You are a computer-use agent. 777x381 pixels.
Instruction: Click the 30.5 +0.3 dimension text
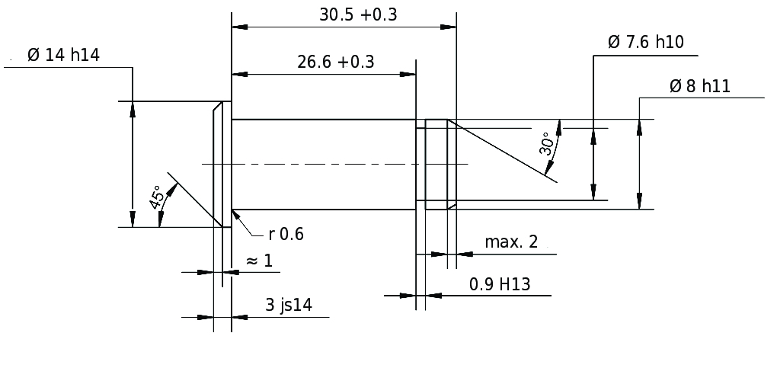tap(358, 15)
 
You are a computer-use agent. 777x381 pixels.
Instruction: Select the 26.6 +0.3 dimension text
tap(335, 62)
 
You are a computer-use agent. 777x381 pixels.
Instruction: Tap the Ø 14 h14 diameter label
tap(63, 55)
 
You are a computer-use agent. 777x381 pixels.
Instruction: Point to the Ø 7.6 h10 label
tap(646, 43)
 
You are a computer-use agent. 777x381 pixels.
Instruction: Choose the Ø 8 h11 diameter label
tap(700, 86)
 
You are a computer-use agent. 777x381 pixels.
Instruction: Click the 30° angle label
tap(545, 144)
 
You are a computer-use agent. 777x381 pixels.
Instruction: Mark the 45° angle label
tap(156, 197)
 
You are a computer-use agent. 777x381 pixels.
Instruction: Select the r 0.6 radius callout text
tap(286, 234)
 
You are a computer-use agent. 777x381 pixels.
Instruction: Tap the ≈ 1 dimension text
tap(259, 261)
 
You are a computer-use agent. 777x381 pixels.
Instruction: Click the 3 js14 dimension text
tap(289, 305)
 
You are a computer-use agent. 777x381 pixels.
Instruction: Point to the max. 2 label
tap(511, 242)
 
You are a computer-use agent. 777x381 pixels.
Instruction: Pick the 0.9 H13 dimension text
tap(500, 284)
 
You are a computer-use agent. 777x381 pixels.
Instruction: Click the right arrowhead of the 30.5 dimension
tap(449, 27)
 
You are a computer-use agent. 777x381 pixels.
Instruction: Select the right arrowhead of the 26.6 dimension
tap(408, 75)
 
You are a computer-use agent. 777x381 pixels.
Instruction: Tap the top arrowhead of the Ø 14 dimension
tap(133, 109)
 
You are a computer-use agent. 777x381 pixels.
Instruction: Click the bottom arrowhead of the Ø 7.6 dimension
tap(593, 192)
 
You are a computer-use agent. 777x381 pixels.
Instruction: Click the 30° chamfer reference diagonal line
tap(502, 151)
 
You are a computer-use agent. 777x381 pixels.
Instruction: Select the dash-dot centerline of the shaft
tap(335, 164)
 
